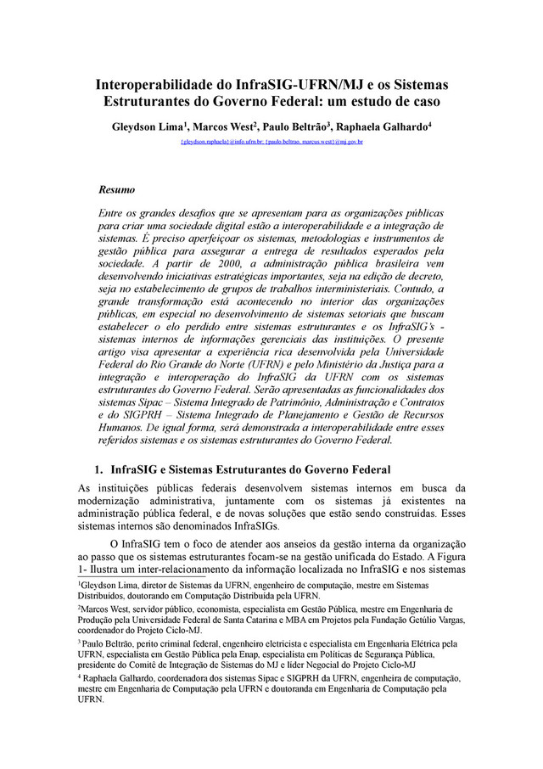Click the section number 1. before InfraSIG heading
click(x=98, y=469)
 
